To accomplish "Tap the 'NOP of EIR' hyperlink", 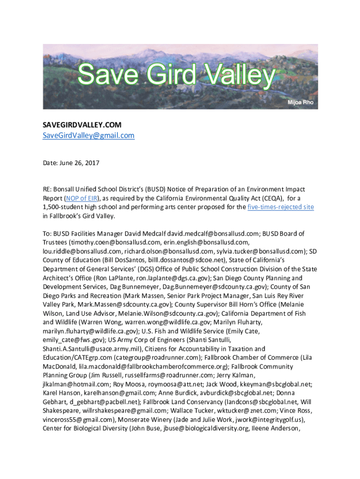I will point(83,198).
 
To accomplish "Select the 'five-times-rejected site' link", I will point(281,207).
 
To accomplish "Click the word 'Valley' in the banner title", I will point(231,76).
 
